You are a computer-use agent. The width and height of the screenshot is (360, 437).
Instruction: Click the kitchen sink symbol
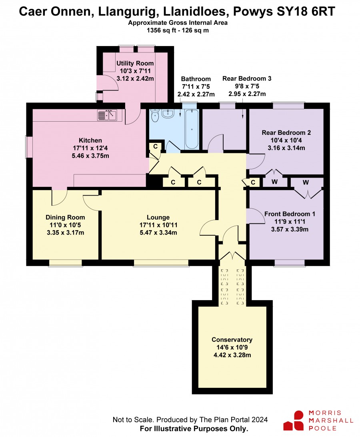(107, 115)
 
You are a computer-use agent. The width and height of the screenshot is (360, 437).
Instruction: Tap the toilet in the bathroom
(155, 115)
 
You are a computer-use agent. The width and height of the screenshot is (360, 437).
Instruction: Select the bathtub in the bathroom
(192, 129)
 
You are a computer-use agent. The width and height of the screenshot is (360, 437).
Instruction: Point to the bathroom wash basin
(168, 113)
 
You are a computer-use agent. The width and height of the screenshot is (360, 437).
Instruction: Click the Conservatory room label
(232, 340)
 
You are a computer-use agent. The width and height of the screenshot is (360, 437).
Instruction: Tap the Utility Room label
(135, 63)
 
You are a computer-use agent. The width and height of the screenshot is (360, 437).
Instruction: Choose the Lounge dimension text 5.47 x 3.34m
(158, 233)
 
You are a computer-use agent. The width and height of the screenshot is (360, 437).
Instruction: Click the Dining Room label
(65, 217)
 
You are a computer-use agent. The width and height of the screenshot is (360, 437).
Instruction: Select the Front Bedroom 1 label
(290, 214)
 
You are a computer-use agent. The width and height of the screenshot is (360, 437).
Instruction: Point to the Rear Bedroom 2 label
(286, 133)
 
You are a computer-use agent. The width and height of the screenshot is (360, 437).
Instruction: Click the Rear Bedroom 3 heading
(247, 78)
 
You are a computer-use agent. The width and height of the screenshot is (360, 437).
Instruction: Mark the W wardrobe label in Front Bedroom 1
(306, 182)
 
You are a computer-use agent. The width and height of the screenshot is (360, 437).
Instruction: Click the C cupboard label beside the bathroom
(156, 146)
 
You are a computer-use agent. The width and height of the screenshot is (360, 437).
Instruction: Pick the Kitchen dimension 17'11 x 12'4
(90, 148)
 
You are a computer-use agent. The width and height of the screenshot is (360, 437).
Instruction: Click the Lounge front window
(161, 263)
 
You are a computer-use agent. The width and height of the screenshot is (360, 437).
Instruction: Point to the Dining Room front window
(66, 263)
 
